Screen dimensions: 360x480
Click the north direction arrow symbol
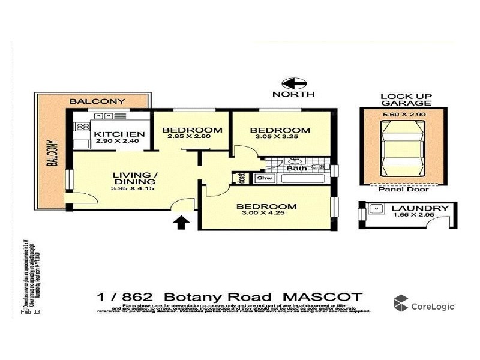click(x=294, y=83)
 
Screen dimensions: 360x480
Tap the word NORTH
click(x=294, y=95)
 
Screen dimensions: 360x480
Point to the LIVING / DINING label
click(x=134, y=178)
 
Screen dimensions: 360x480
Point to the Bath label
click(x=296, y=169)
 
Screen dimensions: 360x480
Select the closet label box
click(x=242, y=178)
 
